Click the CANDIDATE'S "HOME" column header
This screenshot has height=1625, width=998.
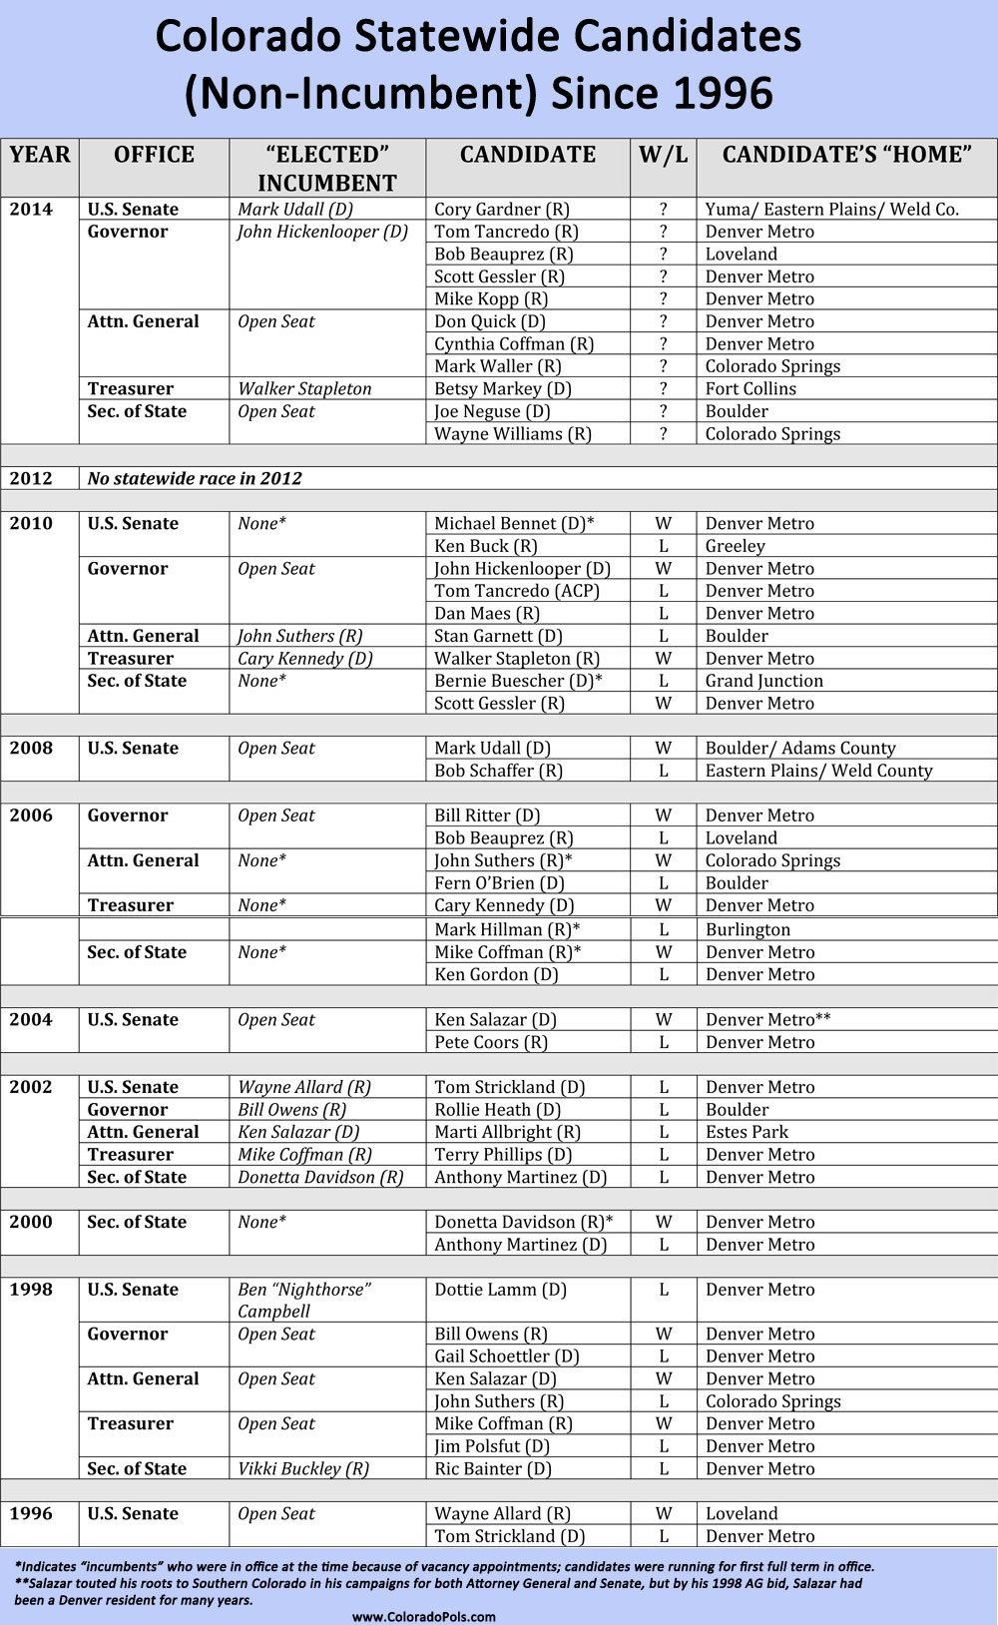tap(846, 155)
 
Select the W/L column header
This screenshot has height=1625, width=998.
tap(663, 155)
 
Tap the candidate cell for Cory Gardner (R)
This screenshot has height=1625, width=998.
tap(502, 210)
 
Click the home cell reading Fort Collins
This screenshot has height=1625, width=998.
tap(750, 389)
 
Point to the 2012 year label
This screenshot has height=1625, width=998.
tap(31, 478)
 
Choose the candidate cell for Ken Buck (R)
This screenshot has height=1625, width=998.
tap(486, 546)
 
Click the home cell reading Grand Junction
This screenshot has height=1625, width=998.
tap(764, 681)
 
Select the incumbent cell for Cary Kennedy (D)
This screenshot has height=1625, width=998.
tap(305, 659)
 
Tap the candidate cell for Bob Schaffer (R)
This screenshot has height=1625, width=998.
tap(499, 771)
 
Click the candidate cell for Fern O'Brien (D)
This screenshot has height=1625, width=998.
tap(499, 883)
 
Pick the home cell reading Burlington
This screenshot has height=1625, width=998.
tap(748, 929)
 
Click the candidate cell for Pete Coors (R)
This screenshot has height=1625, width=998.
tap(491, 1042)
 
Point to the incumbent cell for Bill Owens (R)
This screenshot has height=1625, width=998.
tap(292, 1110)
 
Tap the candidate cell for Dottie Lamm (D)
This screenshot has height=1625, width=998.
tap(500, 1290)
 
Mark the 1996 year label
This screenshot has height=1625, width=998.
tap(31, 1514)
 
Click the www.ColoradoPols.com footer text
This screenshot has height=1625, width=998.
tap(424, 1616)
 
